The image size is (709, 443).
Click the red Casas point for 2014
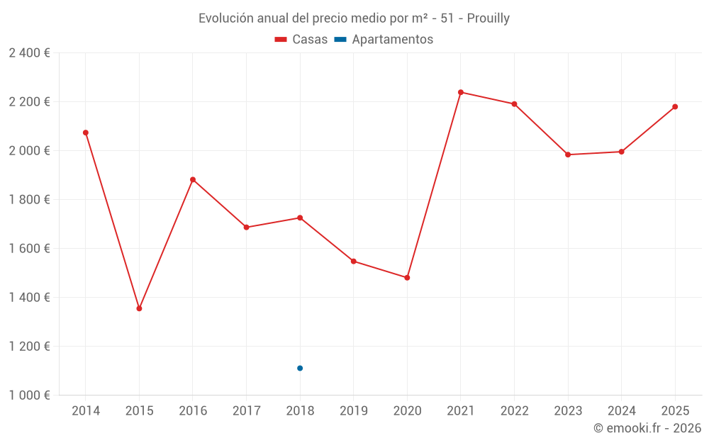pos(86,133)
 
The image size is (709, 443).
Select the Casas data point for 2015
pos(139,308)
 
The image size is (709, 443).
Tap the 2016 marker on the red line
pos(193,179)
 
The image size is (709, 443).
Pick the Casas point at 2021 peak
pos(461,92)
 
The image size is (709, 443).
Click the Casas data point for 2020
pos(407,278)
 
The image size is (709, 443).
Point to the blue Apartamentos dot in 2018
pos(300,368)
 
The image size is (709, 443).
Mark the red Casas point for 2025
pos(675,107)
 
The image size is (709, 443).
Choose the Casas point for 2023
pos(568,155)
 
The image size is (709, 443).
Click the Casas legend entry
pos(301,40)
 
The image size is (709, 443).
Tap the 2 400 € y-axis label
pos(29,53)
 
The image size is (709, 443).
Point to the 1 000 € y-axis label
pos(29,396)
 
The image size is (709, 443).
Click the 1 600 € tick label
pos(29,249)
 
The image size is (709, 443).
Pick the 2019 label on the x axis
pos(354,411)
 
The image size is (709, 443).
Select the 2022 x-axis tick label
pos(514,411)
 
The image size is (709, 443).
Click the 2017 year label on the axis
pos(246,411)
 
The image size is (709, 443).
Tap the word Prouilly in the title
pos(489,18)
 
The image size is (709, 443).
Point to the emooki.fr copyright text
pos(647,428)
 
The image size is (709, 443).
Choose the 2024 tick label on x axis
pos(621,411)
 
